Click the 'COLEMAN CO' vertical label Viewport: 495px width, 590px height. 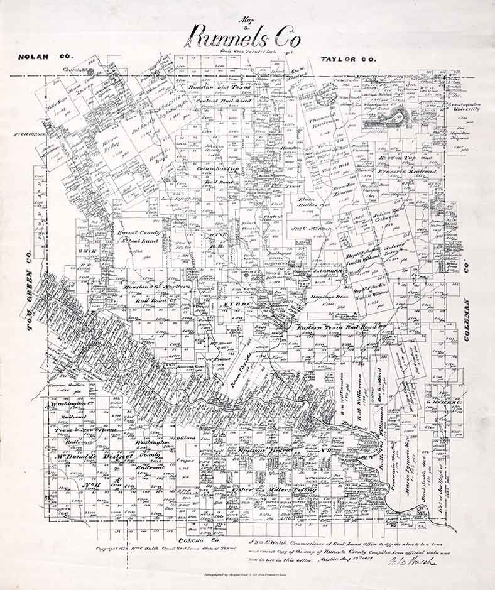pos(467,302)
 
